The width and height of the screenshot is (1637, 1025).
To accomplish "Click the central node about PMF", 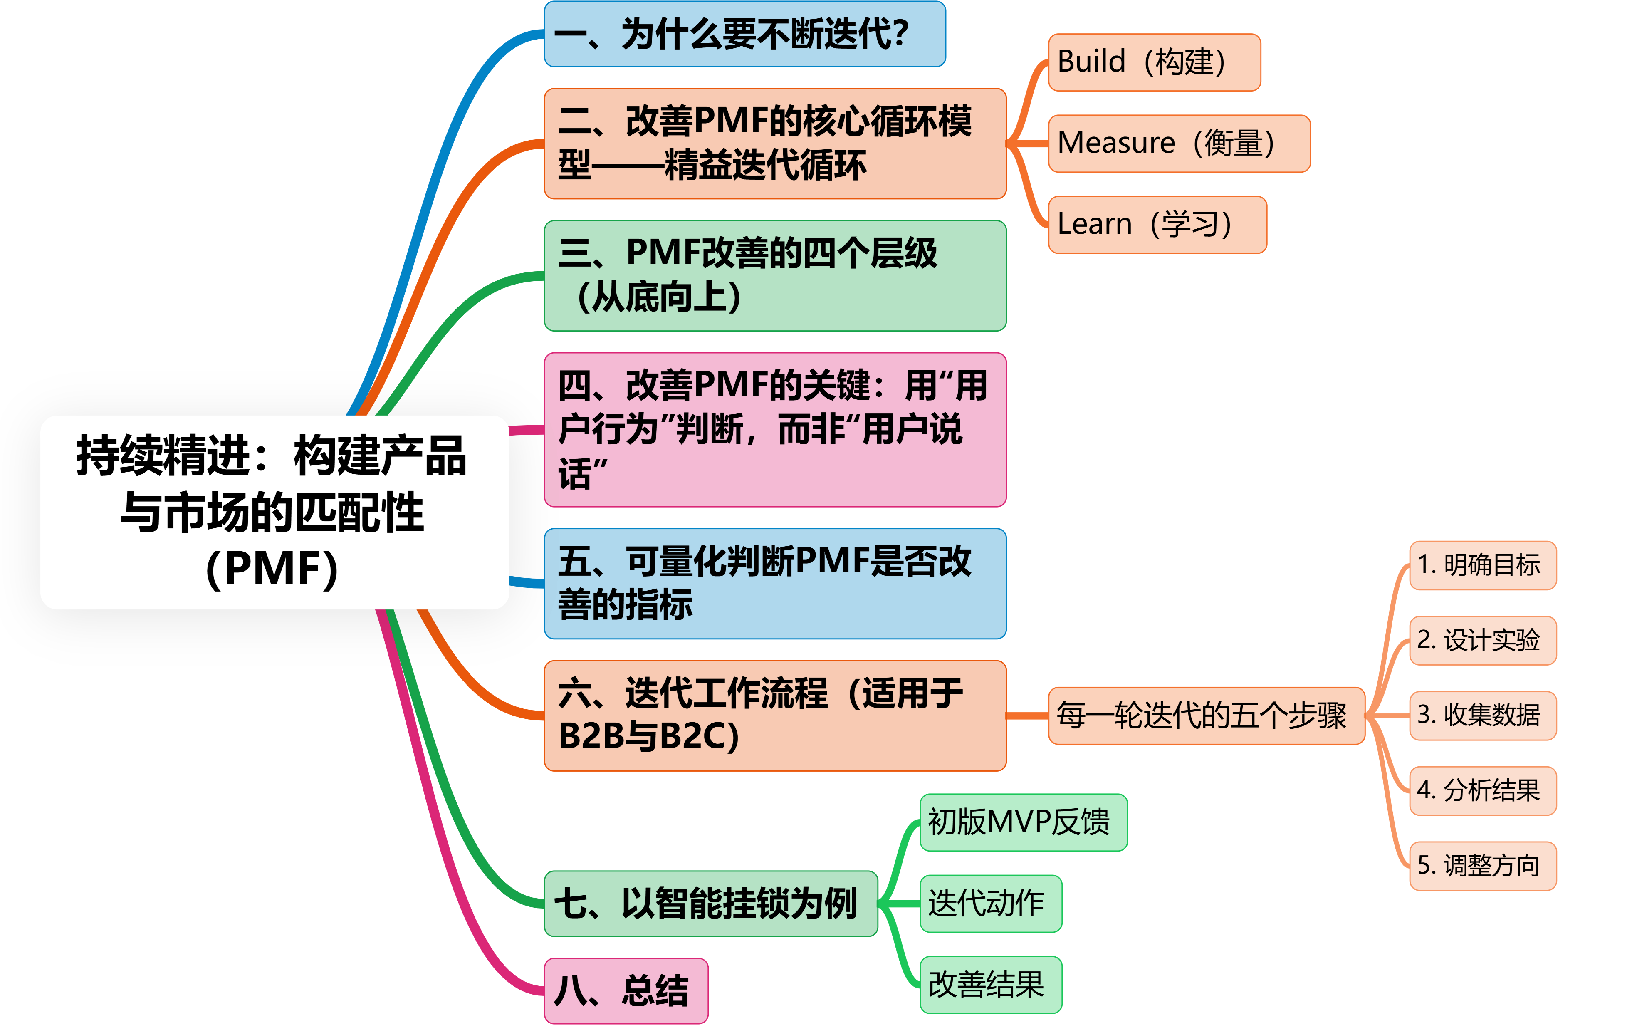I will (274, 512).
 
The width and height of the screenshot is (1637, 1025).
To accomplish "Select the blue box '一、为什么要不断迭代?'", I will (744, 34).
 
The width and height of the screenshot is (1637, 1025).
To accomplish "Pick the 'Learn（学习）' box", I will (1157, 224).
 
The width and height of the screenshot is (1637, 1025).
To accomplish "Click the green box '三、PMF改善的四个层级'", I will (774, 275).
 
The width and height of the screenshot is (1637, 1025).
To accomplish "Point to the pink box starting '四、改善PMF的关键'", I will (774, 429).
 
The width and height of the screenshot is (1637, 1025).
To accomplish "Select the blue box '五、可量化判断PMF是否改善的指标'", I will (774, 583).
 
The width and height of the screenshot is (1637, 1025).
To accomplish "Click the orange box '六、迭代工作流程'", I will (774, 715).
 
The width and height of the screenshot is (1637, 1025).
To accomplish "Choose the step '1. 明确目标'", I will (1483, 565).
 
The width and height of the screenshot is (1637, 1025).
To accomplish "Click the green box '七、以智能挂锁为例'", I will (710, 904).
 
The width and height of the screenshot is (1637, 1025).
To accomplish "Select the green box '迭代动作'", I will (990, 904).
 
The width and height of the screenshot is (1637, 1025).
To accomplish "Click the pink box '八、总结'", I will (626, 990).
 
